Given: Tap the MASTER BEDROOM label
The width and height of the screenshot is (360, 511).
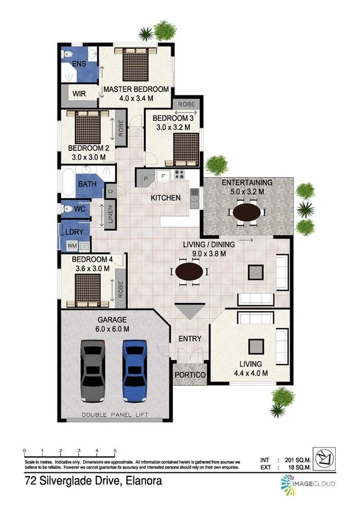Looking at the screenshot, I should (136, 90).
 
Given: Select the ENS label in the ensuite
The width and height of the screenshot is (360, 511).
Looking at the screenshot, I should (79, 64).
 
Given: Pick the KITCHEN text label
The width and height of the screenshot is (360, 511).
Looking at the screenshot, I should (166, 198).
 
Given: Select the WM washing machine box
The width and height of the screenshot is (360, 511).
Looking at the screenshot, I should (72, 246).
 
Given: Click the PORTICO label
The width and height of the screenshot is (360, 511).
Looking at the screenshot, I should (191, 376).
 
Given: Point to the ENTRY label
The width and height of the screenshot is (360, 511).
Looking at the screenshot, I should (189, 339).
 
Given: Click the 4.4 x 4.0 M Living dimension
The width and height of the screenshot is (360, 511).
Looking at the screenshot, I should (250, 373).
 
